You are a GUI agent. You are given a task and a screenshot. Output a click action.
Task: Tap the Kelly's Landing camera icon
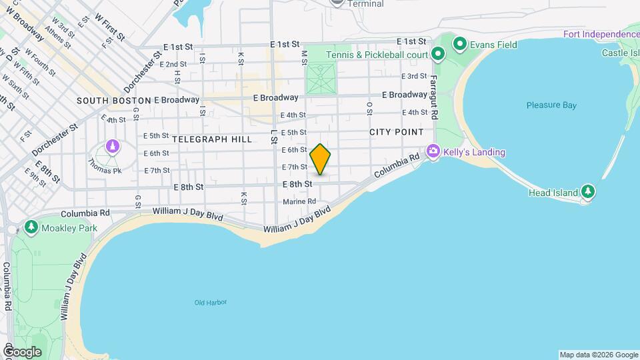tap(434, 152)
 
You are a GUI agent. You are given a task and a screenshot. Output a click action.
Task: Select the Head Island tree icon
tap(587, 191)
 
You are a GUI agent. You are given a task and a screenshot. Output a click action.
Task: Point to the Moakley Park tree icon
tap(31, 228)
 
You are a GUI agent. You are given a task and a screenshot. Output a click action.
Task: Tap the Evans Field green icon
tap(459, 45)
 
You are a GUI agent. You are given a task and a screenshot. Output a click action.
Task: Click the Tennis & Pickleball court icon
tap(438, 54)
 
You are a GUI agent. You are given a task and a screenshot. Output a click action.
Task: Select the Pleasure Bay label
tap(551, 105)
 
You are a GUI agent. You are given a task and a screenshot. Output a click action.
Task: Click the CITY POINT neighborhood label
tap(397, 132)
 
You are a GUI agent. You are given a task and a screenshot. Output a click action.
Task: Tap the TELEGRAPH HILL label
tap(212, 139)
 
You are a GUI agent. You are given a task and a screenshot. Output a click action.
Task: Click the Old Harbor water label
tap(211, 303)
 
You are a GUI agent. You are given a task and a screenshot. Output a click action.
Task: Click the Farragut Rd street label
tap(433, 97)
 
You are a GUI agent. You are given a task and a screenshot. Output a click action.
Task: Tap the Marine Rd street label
tap(299, 201)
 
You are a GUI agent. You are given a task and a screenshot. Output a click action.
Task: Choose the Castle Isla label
tap(620, 53)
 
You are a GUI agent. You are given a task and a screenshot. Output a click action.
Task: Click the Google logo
tap(21, 352)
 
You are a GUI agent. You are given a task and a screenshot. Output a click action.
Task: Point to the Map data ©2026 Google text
tap(599, 355)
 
